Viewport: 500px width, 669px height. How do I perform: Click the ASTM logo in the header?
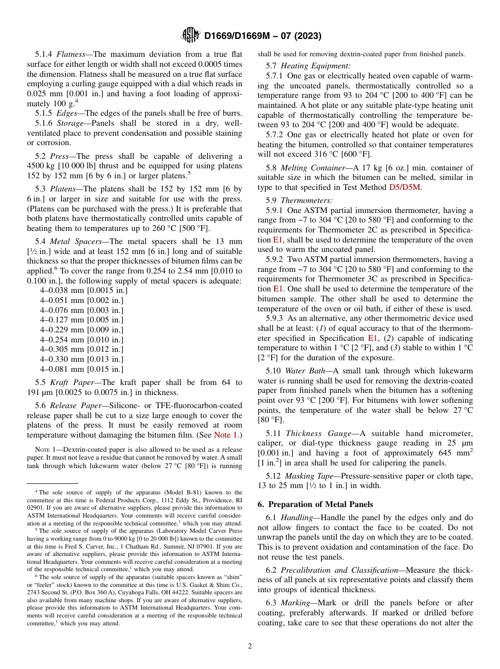pyautogui.click(x=190, y=35)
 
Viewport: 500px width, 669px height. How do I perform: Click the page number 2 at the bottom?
pyautogui.click(x=250, y=646)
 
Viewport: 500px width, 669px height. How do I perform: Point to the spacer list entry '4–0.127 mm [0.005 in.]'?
pyautogui.click(x=82, y=320)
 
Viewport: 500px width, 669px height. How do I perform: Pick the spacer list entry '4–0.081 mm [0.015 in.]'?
pyautogui.click(x=82, y=369)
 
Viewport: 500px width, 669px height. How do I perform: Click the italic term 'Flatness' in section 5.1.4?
pyautogui.click(x=71, y=54)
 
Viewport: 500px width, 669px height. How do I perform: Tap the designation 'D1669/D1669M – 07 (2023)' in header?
pyautogui.click(x=263, y=36)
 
